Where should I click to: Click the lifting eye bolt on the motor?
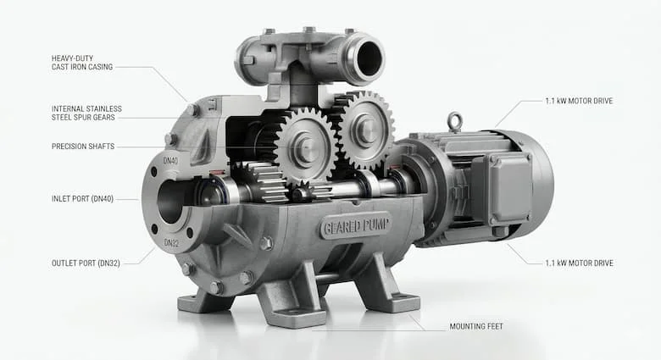(x=455, y=121)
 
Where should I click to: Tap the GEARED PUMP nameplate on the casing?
(x=355, y=226)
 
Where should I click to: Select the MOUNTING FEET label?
(x=476, y=326)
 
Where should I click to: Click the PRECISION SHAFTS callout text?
(x=83, y=147)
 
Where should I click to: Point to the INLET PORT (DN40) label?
(x=83, y=198)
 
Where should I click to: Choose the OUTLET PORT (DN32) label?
(x=86, y=263)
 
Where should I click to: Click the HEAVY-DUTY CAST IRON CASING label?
(x=82, y=63)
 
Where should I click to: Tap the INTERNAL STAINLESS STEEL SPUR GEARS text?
(x=86, y=113)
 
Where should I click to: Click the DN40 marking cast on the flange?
(x=170, y=161)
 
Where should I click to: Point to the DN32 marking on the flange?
(x=171, y=243)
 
